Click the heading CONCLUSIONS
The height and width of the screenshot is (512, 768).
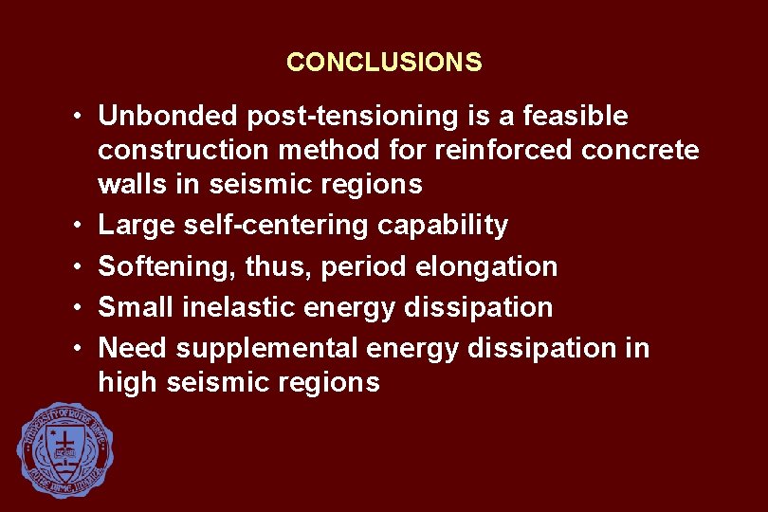(384, 63)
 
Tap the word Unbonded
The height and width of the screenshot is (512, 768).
(168, 117)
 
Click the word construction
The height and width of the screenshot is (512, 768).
(180, 150)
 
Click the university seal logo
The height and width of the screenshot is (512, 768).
(65, 449)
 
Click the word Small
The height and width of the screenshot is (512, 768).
(133, 307)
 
